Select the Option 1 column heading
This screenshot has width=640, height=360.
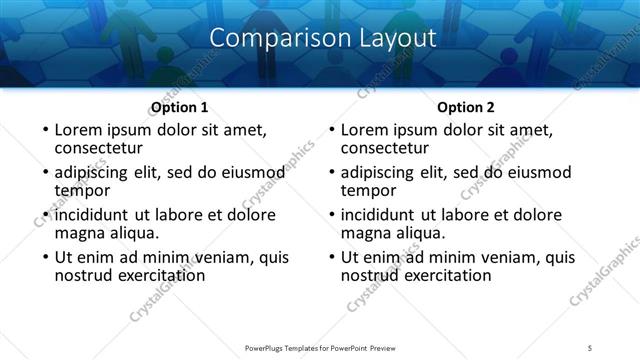[179, 107]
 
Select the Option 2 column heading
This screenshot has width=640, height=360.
[466, 107]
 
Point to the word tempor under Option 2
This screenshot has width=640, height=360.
[367, 190]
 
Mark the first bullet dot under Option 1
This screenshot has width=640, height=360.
[45, 131]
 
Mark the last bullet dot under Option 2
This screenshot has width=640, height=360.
[331, 257]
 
